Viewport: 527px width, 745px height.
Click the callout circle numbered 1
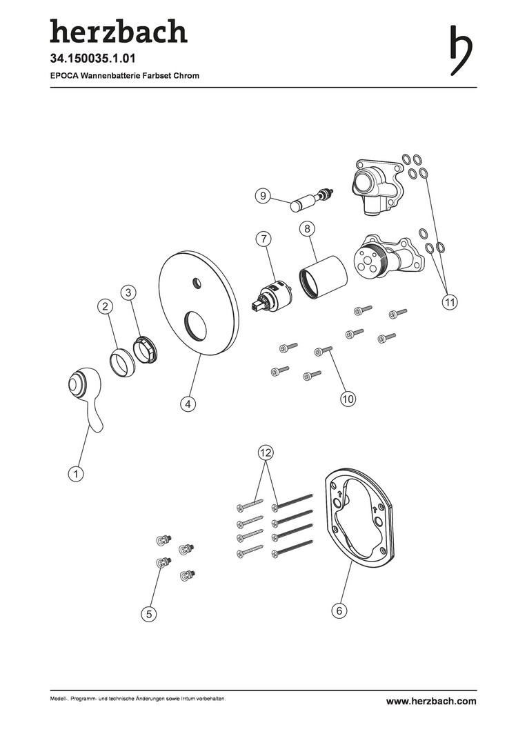click(x=76, y=473)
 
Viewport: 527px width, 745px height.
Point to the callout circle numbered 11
click(x=449, y=301)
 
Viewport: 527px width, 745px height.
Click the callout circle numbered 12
click(x=266, y=453)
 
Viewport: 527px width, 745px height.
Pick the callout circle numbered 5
click(x=149, y=614)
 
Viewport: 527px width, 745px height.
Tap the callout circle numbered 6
click(x=339, y=610)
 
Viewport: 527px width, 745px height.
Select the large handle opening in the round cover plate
click(x=195, y=326)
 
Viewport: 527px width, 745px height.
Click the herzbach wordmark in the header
click(x=119, y=31)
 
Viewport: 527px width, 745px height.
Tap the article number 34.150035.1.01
click(x=92, y=59)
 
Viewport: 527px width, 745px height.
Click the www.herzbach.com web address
click(x=431, y=701)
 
